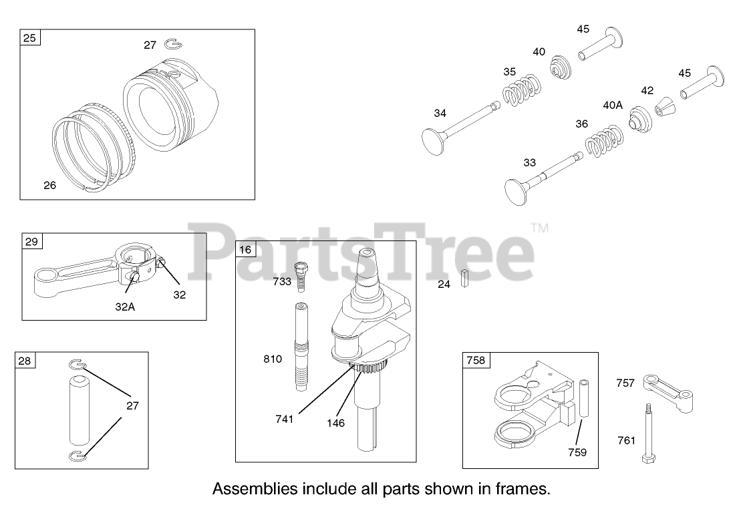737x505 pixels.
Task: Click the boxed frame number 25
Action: tap(30, 38)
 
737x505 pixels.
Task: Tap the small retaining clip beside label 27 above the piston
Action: tap(172, 45)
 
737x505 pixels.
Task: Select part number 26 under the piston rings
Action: tap(49, 186)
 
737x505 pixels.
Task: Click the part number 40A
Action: tap(613, 105)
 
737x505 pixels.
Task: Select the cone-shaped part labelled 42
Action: tap(664, 108)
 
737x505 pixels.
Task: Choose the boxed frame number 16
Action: tap(246, 250)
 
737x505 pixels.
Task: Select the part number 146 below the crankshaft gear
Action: tap(335, 423)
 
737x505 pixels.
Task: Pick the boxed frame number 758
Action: tap(476, 361)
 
